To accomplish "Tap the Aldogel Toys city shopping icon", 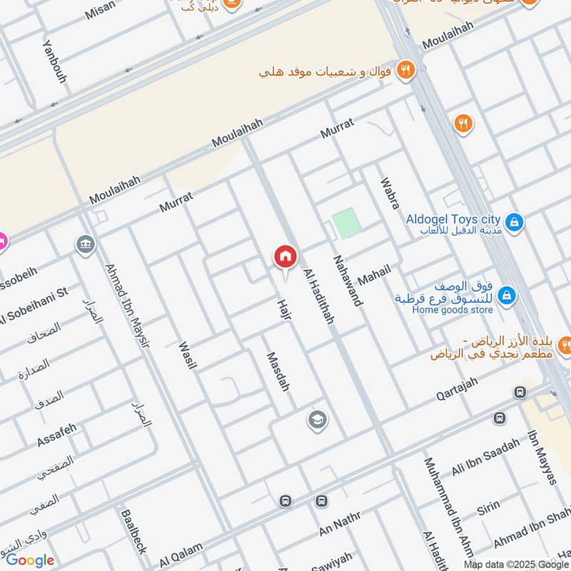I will pyautogui.click(x=514, y=223).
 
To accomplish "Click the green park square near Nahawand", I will pyautogui.click(x=346, y=223).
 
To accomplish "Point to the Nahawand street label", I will pyautogui.click(x=347, y=280).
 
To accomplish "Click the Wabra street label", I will pyautogui.click(x=390, y=193).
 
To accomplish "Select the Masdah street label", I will pyautogui.click(x=278, y=372).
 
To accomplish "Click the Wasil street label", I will pyautogui.click(x=188, y=355).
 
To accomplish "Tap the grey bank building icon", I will pyautogui.click(x=86, y=245).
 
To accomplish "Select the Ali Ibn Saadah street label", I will pyautogui.click(x=486, y=458).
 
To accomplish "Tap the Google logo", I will pyautogui.click(x=30, y=560).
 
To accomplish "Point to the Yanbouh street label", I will pyautogui.click(x=54, y=61).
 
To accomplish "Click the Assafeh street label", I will pyautogui.click(x=56, y=435).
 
